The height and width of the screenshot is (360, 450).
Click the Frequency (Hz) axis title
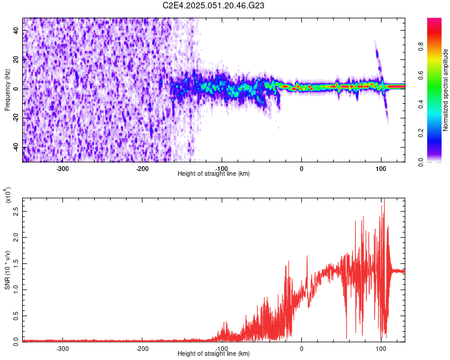(7, 90)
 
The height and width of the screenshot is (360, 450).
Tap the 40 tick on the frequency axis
(17, 29)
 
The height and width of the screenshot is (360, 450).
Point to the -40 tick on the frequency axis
(16, 148)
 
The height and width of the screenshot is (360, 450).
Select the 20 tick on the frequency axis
(17, 59)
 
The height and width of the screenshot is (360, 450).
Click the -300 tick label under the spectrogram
(63, 168)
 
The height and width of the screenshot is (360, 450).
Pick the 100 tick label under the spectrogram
(380, 168)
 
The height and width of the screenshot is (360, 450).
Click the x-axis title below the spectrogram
(214, 174)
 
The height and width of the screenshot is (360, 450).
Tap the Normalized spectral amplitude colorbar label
(445, 90)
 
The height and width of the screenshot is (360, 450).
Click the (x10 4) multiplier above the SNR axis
(7, 195)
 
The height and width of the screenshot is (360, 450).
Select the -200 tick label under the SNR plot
(142, 348)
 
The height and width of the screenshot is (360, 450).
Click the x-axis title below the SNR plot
(214, 354)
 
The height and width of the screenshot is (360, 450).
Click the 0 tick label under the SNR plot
(301, 348)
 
